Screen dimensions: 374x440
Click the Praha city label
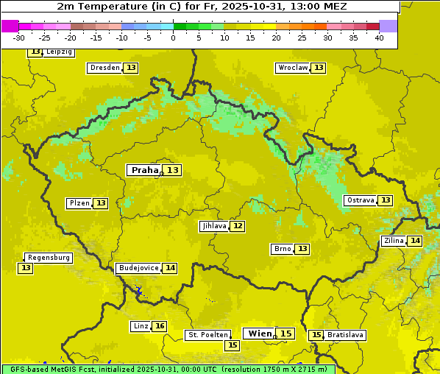pos(144,170)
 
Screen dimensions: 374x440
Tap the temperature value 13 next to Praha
pos(173,170)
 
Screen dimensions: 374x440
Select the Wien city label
pos(260,334)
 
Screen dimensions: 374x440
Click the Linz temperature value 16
pos(160,326)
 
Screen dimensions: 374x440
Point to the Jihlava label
pos(213,226)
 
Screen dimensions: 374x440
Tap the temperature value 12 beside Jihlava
pos(238,226)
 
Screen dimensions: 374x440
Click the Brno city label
pos(282,249)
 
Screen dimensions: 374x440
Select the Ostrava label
pos(361,200)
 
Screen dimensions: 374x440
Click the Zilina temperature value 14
pos(416,241)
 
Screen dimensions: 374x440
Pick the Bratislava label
pos(346,335)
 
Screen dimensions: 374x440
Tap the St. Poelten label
pos(208,335)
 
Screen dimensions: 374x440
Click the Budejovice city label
pos(138,268)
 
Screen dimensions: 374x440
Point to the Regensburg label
pos(49,258)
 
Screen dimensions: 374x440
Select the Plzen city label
pos(79,203)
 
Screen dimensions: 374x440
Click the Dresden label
pos(104,68)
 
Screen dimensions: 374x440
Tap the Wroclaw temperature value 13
pos(319,68)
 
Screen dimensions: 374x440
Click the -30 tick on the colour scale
pos(19,38)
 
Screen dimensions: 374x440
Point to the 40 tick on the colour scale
pos(379,38)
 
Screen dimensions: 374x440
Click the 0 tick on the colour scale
pos(173,38)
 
